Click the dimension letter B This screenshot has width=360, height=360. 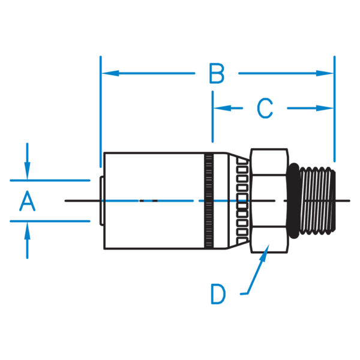tap(217, 74)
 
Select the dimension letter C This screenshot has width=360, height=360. tap(265, 109)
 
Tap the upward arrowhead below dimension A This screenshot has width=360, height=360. tap(27, 229)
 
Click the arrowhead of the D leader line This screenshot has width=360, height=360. tap(265, 254)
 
